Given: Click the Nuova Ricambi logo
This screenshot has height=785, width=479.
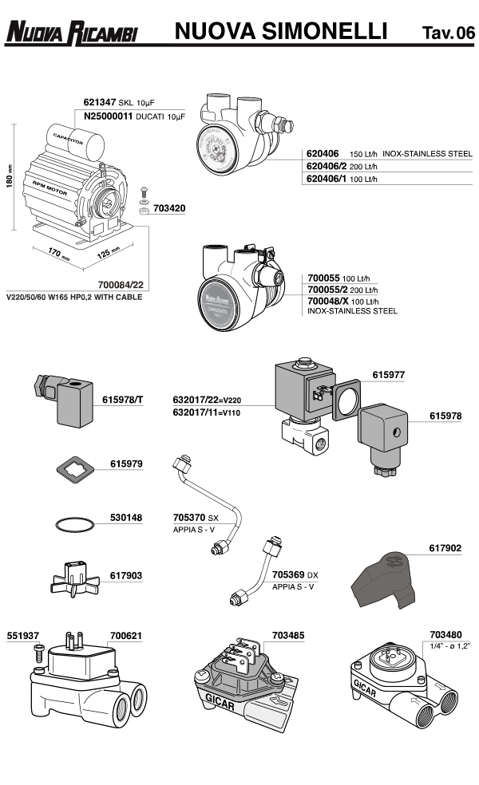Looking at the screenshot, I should pyautogui.click(x=72, y=33).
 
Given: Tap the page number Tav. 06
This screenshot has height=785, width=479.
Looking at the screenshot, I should pyautogui.click(x=448, y=33).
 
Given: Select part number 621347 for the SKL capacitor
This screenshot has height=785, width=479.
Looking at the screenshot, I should pyautogui.click(x=100, y=103).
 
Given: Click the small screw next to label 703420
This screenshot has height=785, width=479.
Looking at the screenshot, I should pyautogui.click(x=142, y=194).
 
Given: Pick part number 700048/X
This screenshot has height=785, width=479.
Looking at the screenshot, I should pyautogui.click(x=328, y=302).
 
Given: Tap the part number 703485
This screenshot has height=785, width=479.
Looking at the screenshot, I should pyautogui.click(x=287, y=636).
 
